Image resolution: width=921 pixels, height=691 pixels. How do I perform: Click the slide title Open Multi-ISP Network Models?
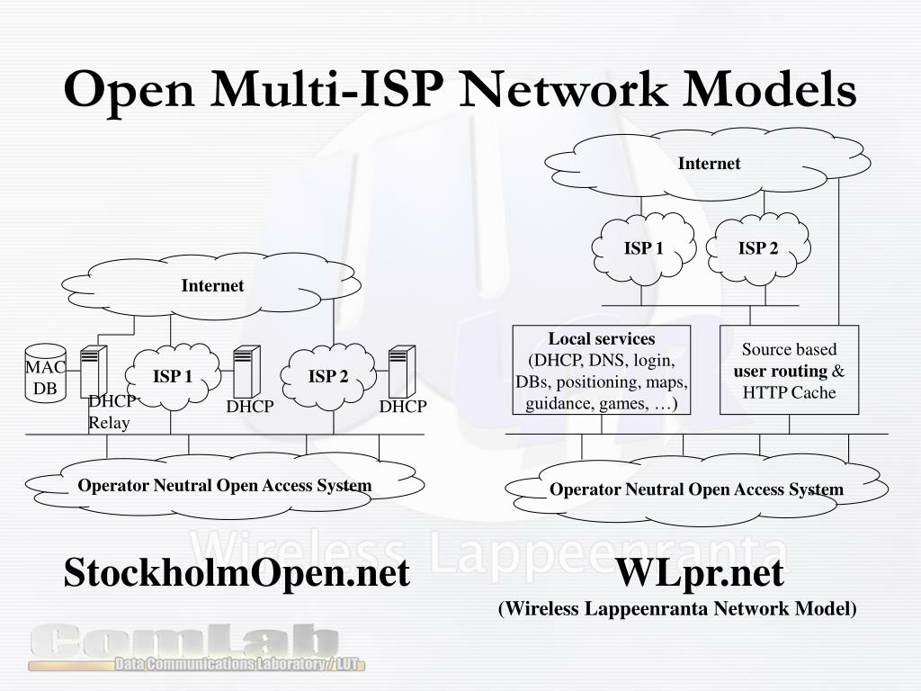460,90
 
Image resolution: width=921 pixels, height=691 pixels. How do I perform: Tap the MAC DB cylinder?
45,373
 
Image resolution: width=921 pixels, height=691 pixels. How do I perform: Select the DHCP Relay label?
110,412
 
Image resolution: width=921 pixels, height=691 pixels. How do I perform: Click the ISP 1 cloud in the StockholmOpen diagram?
173,377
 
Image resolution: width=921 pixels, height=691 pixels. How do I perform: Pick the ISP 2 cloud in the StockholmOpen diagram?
328,377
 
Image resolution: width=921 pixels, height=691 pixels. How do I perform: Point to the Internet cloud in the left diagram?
212,286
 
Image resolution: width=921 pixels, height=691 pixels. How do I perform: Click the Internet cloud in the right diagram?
709,164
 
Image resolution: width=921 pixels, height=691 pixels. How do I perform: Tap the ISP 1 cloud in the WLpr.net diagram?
644,248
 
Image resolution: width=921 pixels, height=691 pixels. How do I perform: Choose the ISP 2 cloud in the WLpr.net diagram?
758,248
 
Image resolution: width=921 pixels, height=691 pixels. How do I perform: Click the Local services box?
602,370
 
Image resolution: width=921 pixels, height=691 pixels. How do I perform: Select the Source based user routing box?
789,370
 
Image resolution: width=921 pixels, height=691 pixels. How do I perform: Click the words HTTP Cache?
789,393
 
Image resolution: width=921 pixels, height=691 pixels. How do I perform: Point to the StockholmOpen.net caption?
237,572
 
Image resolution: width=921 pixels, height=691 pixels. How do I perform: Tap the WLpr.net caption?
700,572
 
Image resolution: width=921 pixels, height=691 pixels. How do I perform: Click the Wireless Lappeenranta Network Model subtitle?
678,609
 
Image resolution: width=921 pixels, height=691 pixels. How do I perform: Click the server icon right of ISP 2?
401,372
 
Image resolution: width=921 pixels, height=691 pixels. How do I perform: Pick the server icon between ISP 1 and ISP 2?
246,372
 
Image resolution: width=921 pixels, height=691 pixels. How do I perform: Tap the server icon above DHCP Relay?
94,372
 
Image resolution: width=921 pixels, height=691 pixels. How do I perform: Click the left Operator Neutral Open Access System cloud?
225,486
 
